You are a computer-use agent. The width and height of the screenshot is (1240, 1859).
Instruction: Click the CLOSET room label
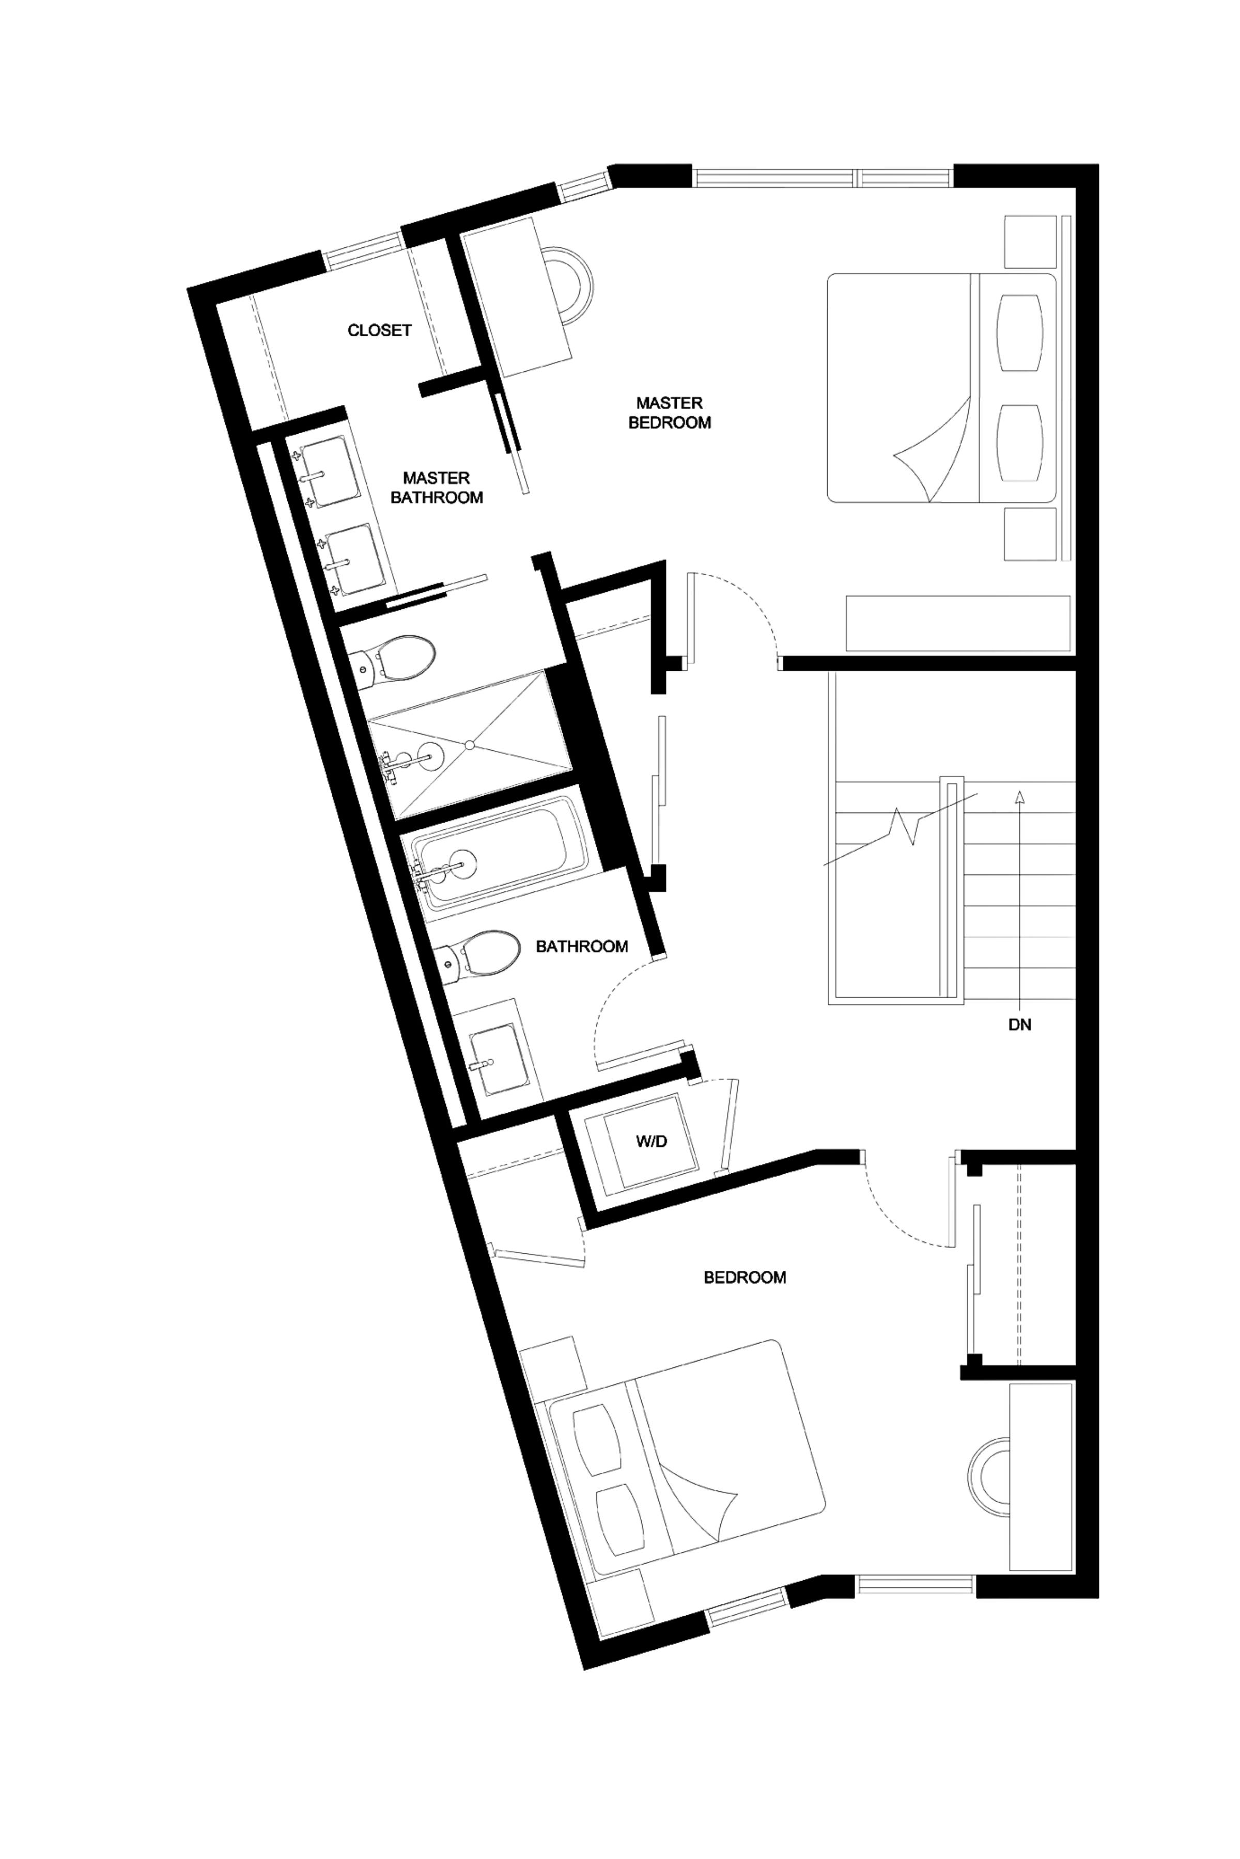pos(380,330)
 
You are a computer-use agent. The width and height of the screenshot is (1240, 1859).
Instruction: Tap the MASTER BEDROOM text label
pos(669,413)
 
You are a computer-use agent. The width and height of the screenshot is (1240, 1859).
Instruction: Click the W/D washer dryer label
pos(652,1141)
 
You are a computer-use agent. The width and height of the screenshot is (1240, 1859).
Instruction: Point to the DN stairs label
pos(1019,1025)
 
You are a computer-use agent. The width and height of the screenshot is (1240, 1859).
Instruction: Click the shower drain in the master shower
pos(469,745)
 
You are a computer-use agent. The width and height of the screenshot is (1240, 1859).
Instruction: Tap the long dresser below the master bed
pos(957,624)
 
